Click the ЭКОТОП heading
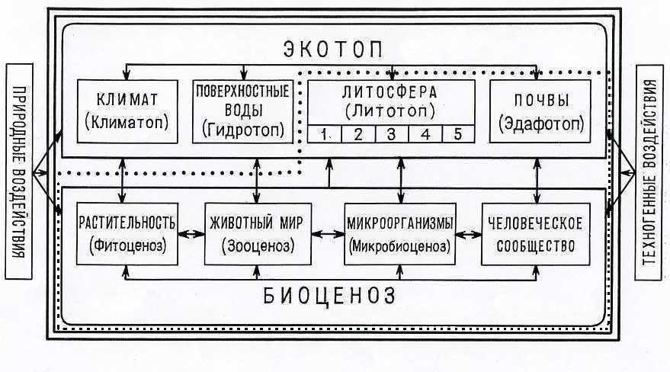[333, 50]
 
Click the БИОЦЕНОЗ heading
[329, 296]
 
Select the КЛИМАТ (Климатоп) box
[127, 111]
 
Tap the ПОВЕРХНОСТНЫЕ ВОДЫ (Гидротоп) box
[242, 111]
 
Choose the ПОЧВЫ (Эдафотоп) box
[540, 111]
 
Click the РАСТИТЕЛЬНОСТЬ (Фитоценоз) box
[127, 234]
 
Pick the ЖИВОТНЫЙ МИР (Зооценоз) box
[258, 234]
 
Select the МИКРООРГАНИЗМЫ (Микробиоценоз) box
[400, 234]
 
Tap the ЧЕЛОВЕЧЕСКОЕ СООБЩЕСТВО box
[536, 234]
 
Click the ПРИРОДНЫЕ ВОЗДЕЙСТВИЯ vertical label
[19, 172]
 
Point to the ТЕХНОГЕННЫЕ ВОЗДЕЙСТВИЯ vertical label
[649, 172]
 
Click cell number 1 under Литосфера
[324, 134]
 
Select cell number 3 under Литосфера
[391, 134]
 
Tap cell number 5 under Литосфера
[458, 134]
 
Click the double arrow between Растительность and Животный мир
[191, 234]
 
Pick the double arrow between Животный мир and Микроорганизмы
[328, 234]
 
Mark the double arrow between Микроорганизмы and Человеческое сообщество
[469, 234]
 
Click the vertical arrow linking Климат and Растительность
[123, 180]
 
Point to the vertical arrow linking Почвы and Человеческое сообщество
[537, 180]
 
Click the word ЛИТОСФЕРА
[390, 92]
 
